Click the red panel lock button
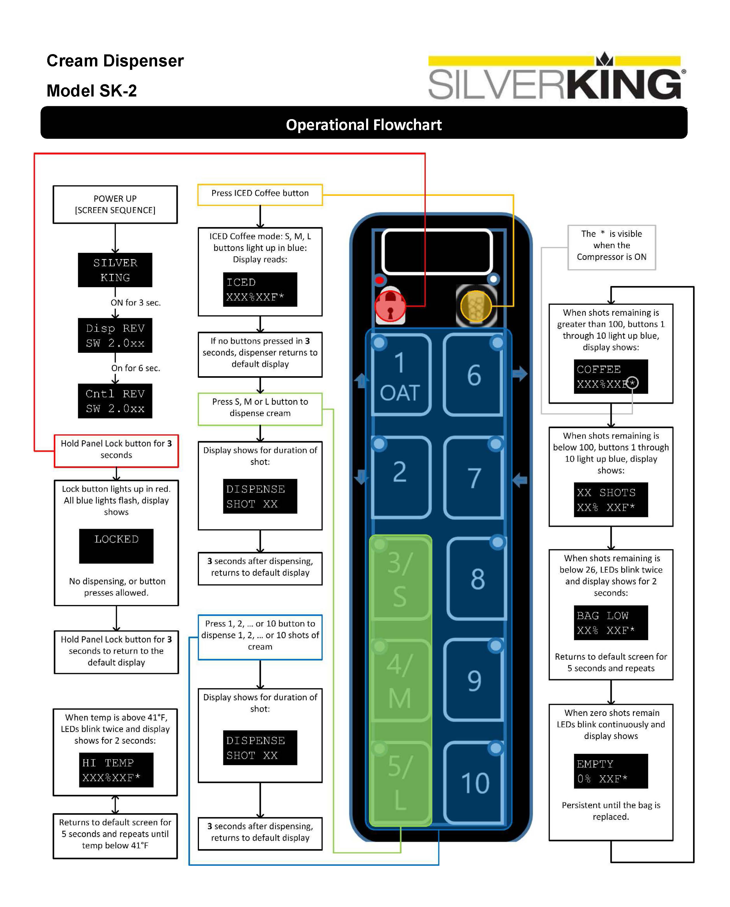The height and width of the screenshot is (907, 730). (390, 306)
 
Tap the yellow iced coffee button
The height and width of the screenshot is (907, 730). (476, 306)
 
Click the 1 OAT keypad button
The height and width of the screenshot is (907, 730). (400, 376)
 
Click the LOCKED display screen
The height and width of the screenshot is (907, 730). (116, 546)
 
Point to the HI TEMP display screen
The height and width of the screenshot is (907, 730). (116, 770)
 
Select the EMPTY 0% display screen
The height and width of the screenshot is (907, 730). (611, 771)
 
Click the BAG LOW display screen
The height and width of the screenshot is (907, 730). (611, 623)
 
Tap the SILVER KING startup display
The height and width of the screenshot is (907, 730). (115, 270)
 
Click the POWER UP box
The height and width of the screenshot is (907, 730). (115, 204)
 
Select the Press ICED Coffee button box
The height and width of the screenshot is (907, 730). (260, 194)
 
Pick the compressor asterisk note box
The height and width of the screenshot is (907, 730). (611, 247)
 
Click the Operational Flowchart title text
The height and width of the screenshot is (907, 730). (364, 125)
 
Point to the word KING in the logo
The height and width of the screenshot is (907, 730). (623, 84)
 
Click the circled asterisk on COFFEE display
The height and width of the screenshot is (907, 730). (632, 383)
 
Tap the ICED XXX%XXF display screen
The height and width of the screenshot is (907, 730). (260, 289)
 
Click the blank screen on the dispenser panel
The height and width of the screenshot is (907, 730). (437, 252)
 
